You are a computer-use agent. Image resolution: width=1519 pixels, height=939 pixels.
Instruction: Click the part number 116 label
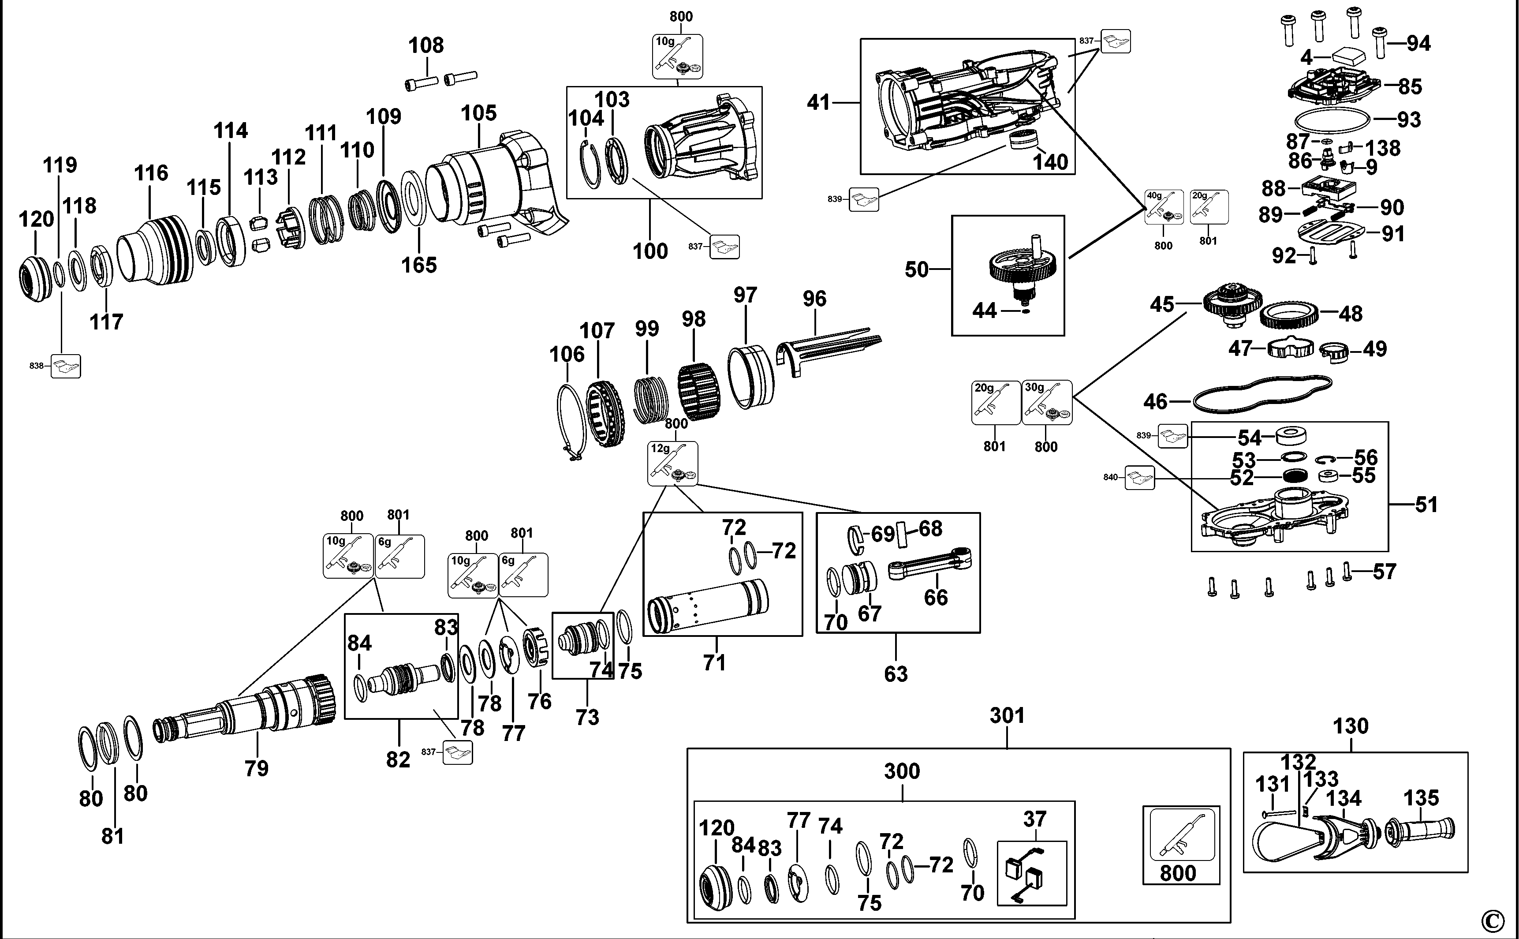(151, 172)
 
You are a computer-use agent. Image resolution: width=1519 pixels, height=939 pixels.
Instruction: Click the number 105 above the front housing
(478, 113)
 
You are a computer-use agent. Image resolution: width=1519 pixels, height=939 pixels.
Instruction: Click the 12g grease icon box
(672, 463)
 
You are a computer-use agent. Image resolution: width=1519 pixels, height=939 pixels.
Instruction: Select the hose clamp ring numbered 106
(571, 422)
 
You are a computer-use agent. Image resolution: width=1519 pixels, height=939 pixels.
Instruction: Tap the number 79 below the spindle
(256, 768)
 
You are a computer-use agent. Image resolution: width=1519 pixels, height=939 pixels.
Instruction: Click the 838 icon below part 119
(66, 367)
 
